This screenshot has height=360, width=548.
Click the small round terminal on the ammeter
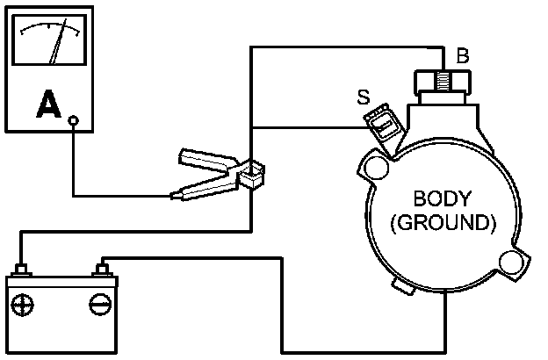pyautogui.click(x=74, y=122)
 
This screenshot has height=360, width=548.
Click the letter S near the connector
pyautogui.click(x=363, y=95)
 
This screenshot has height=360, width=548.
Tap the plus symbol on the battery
pyautogui.click(x=23, y=305)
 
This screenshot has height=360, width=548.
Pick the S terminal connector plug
pyautogui.click(x=383, y=126)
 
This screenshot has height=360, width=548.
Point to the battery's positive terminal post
pyautogui.click(x=24, y=266)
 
